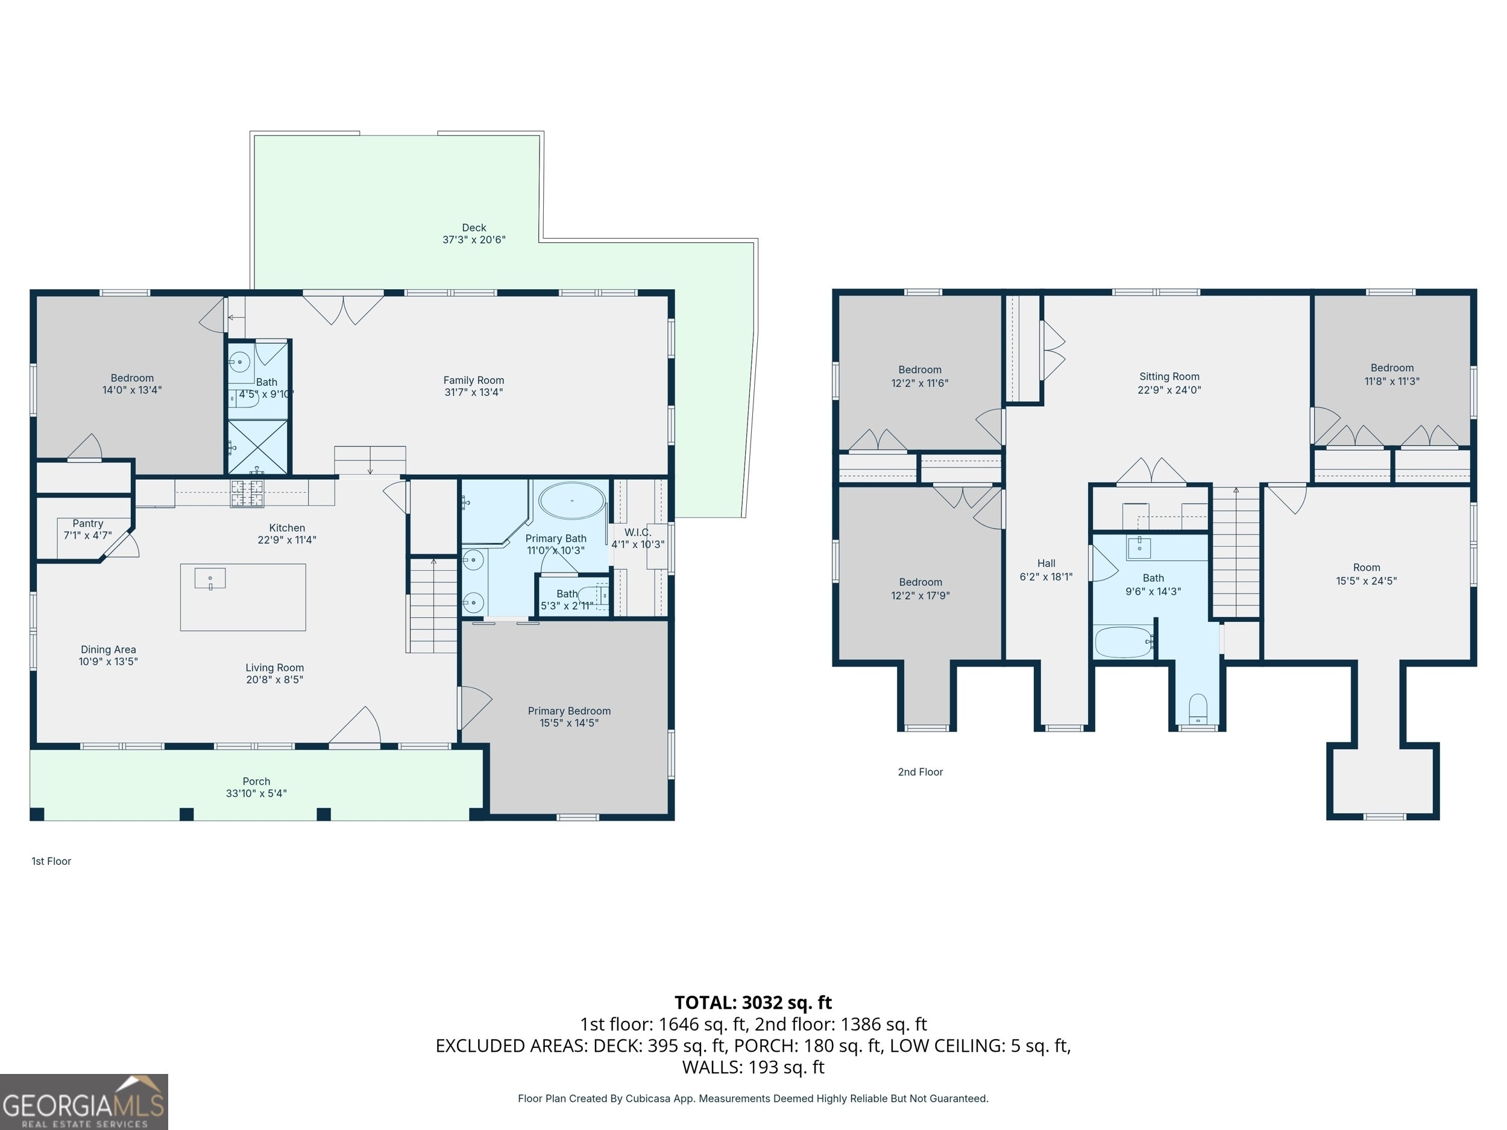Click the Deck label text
tap(474, 227)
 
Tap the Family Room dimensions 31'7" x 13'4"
tap(473, 392)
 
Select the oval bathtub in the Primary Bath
tap(571, 501)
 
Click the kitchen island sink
tap(210, 579)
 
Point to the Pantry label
tap(88, 523)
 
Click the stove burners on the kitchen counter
tap(247, 493)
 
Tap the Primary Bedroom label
tap(570, 711)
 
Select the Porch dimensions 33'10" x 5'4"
tap(256, 794)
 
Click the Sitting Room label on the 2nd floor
tap(1169, 376)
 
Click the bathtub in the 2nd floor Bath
tap(1124, 642)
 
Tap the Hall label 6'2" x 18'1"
tap(1046, 570)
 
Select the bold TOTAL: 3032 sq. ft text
tap(753, 1003)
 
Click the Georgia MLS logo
tap(84, 1102)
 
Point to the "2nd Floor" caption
tap(920, 772)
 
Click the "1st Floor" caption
tap(51, 861)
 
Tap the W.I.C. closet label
tap(638, 532)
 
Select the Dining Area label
tap(109, 649)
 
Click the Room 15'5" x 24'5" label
tap(1366, 574)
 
